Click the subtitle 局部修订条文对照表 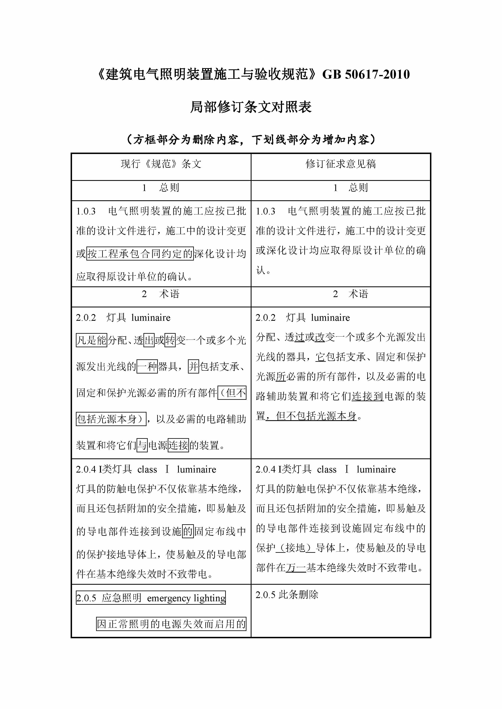point(251,107)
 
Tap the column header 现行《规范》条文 point(161,164)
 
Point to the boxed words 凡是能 point(91,340)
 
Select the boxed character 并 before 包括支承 point(193,367)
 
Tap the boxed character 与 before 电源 point(142,445)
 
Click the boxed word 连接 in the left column point(178,445)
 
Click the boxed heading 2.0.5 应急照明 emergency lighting point(151,598)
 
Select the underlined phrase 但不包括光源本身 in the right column point(316,416)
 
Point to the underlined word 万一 point(296,567)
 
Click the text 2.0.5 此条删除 point(287,594)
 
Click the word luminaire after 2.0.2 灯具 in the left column point(151,318)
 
